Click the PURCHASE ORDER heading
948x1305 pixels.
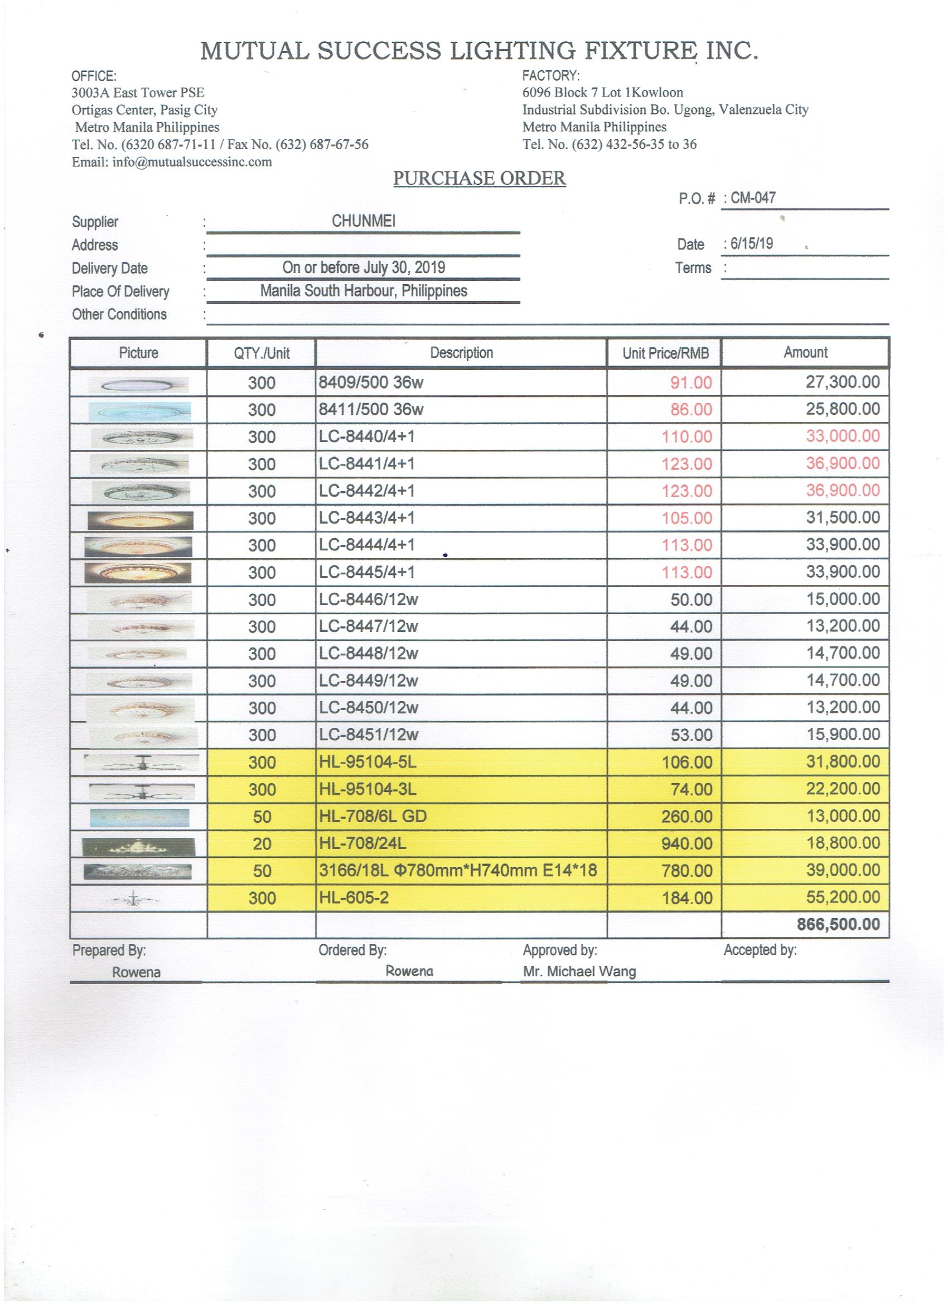pyautogui.click(x=479, y=179)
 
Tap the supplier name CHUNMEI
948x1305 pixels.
pyautogui.click(x=364, y=221)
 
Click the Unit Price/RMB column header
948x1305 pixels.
pyautogui.click(x=665, y=353)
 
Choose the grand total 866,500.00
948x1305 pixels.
pyautogui.click(x=838, y=925)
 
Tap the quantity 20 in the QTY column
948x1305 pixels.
pyautogui.click(x=262, y=843)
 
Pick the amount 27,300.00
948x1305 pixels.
pyautogui.click(x=842, y=382)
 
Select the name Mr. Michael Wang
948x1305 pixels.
pyautogui.click(x=579, y=972)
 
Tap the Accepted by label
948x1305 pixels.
pyautogui.click(x=760, y=950)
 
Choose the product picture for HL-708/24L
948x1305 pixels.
pyautogui.click(x=138, y=843)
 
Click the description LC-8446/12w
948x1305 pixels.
pyautogui.click(x=369, y=599)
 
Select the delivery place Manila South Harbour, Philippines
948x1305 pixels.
pyautogui.click(x=364, y=291)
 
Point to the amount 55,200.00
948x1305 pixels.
pyautogui.click(x=842, y=897)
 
